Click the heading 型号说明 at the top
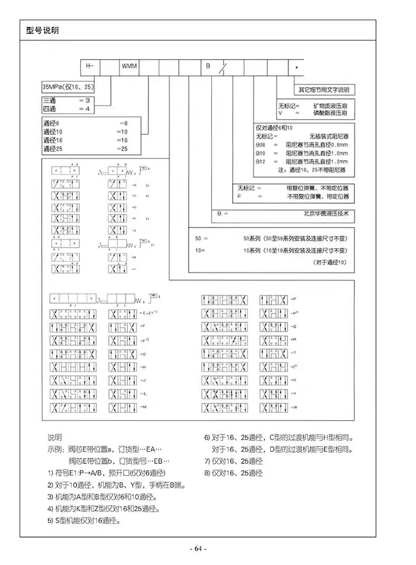pyautogui.click(x=42, y=30)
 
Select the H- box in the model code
pyautogui.click(x=90, y=67)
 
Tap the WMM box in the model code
pyautogui.click(x=130, y=67)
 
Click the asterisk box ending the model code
pyautogui.click(x=296, y=67)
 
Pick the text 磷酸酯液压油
pyautogui.click(x=331, y=113)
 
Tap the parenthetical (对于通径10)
pyautogui.click(x=331, y=262)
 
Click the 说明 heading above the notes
pyautogui.click(x=55, y=438)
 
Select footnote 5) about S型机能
pyautogui.click(x=84, y=521)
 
